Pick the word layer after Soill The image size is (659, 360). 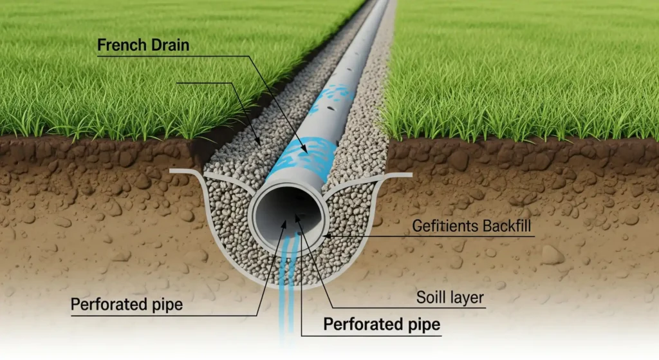(467, 299)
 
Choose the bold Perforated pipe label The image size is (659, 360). (382, 323)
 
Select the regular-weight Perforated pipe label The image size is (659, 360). (127, 304)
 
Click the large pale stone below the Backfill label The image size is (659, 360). (552, 255)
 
